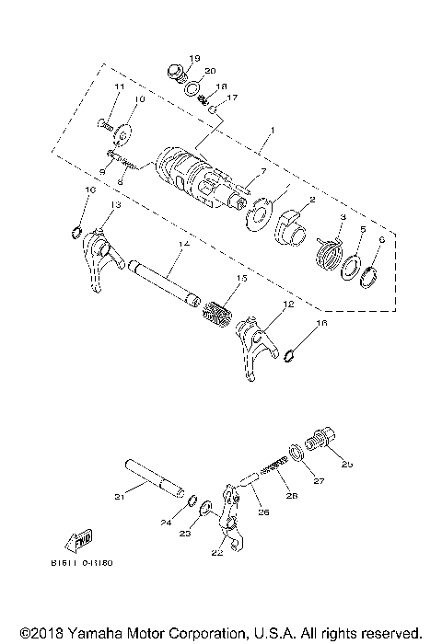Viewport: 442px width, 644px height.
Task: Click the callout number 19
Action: pyautogui.click(x=194, y=58)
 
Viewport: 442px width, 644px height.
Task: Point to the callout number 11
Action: pyautogui.click(x=119, y=86)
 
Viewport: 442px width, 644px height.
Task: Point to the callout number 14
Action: pyautogui.click(x=185, y=244)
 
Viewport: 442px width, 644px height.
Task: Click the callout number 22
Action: pyautogui.click(x=216, y=553)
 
